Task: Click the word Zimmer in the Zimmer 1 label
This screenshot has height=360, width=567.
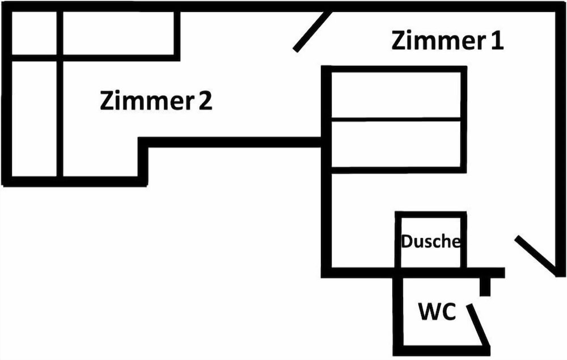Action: coord(433,41)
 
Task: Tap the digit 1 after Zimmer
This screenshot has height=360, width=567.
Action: coord(497,41)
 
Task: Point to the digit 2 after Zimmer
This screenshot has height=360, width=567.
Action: coord(205,101)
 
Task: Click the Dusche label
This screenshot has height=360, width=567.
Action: coord(430,242)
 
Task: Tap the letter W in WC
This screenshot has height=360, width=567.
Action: coord(429,312)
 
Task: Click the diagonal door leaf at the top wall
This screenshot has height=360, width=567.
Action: coord(312,31)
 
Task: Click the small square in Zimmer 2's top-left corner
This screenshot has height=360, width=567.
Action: coord(34,33)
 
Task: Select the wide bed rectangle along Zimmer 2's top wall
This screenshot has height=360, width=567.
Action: coord(118,33)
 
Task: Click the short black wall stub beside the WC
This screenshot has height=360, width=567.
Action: coord(485,286)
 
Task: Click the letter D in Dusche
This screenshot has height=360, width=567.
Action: coord(407,242)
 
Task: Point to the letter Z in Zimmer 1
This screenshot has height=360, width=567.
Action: coord(399,41)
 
